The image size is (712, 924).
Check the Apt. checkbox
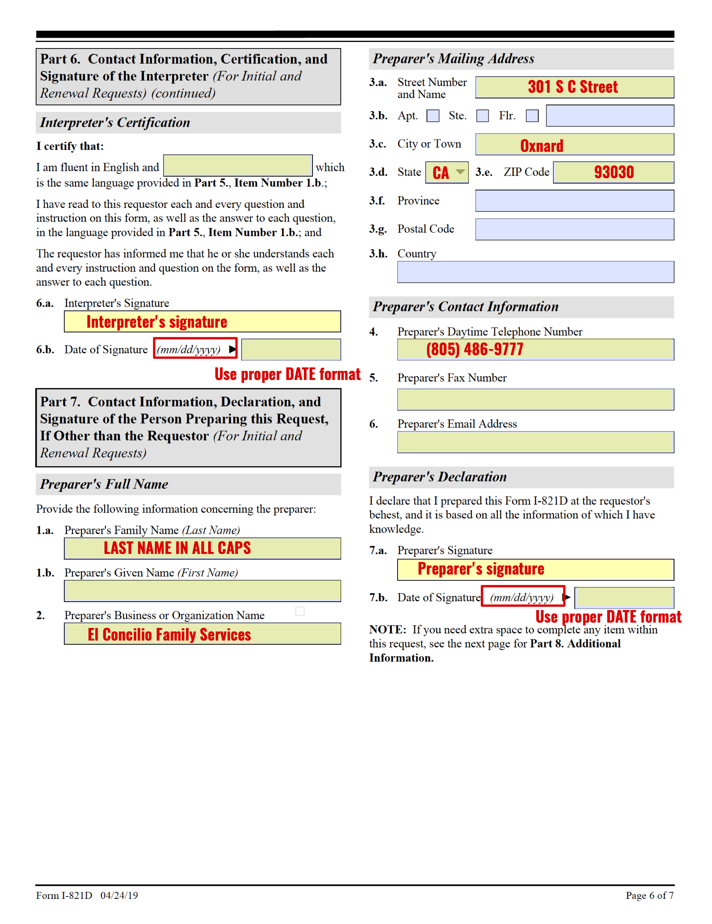[x=433, y=116]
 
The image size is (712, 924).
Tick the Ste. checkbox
[x=483, y=116]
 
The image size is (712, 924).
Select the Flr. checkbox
[x=532, y=116]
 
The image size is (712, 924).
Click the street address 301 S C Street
[x=572, y=87]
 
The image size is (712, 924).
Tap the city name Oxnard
[x=541, y=145]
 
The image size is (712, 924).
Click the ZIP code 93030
[x=614, y=172]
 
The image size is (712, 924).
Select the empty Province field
[x=574, y=201]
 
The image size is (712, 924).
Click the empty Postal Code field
[x=574, y=229]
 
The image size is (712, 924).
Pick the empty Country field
[x=535, y=272]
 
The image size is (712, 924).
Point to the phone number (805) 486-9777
[x=475, y=349]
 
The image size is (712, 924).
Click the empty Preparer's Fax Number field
[x=535, y=399]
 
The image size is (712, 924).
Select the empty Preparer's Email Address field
[x=535, y=442]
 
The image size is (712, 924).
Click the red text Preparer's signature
[x=481, y=569]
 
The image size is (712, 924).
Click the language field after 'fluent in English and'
[x=237, y=166]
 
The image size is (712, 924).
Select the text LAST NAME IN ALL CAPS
[x=177, y=548]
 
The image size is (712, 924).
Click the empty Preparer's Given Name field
[x=202, y=591]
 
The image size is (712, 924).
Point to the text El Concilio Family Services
[x=169, y=634]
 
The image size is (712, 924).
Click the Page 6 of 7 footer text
[x=649, y=895]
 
